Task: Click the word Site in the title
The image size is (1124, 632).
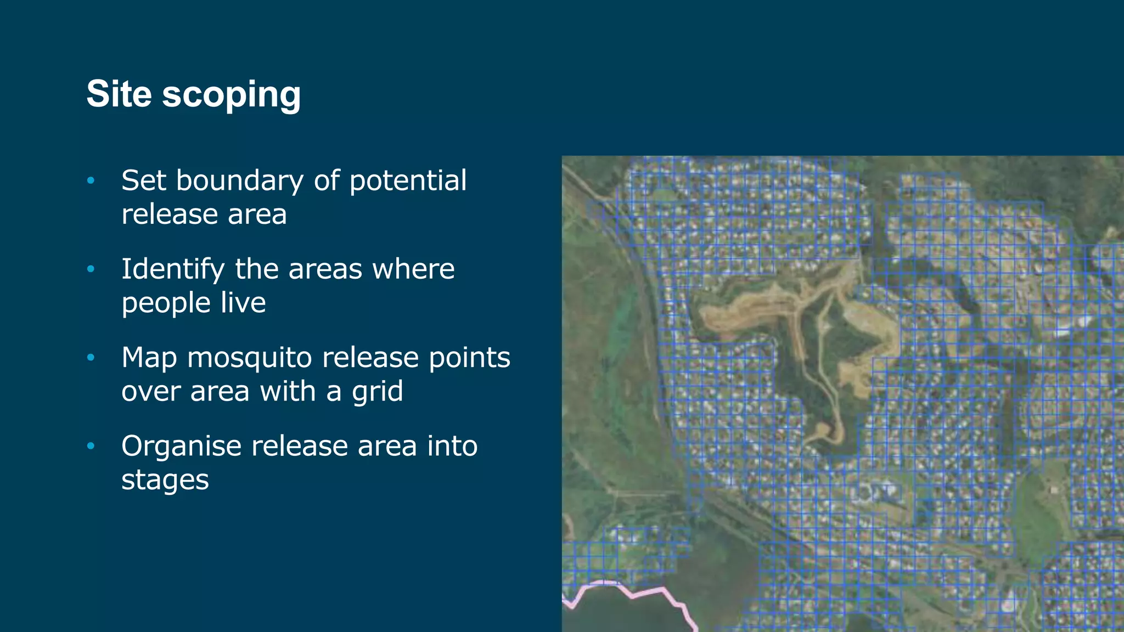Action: point(119,94)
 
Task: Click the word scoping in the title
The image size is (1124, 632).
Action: point(231,95)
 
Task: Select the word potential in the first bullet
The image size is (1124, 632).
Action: point(408,180)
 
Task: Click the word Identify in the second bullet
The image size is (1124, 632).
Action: point(172,269)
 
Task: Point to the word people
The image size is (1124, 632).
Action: point(165,303)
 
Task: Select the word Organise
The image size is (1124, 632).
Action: point(181,446)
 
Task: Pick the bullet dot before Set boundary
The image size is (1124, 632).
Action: point(91,180)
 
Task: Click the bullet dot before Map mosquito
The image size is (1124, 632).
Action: point(91,358)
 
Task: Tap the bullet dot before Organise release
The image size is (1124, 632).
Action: point(91,446)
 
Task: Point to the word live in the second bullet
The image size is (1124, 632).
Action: point(243,303)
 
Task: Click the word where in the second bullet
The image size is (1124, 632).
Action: point(413,269)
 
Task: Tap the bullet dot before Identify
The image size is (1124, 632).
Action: point(91,269)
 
